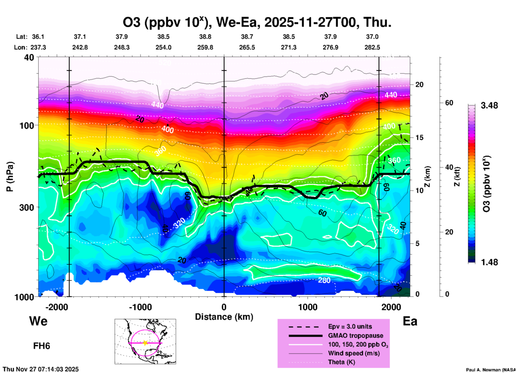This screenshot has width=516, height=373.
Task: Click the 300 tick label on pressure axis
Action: (26, 207)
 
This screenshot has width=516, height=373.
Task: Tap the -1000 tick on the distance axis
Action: (140, 307)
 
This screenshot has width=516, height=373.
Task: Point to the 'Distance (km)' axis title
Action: (224, 317)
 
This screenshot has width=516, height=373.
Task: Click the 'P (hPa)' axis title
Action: (10, 177)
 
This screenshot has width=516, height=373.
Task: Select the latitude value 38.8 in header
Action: (205, 37)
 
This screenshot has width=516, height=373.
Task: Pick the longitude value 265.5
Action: (247, 47)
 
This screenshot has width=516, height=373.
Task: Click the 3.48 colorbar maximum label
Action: (489, 105)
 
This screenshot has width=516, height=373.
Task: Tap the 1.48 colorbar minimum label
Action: (489, 262)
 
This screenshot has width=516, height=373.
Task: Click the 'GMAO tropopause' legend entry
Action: (356, 336)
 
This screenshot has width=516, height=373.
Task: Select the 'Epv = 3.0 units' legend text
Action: (350, 326)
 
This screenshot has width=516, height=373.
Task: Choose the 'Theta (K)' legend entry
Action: (342, 362)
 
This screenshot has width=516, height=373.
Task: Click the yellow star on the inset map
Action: (145, 343)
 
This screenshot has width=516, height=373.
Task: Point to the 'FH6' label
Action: (42, 346)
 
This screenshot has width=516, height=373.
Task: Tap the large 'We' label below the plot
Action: (38, 321)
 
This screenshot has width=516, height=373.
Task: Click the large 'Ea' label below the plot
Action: (410, 321)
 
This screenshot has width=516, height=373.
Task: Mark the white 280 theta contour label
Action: (324, 280)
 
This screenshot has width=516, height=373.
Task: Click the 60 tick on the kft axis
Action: (449, 103)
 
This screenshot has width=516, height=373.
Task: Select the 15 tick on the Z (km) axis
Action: (419, 138)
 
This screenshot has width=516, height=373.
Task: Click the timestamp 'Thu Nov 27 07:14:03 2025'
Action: (41, 369)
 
